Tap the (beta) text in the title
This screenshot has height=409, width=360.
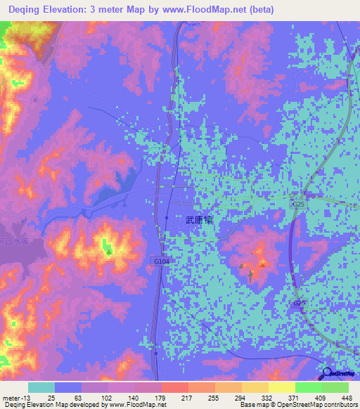(x=257, y=10)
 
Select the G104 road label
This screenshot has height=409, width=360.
(x=162, y=261)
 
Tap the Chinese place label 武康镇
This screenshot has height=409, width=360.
(x=199, y=220)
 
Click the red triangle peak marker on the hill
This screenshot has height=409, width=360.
(x=262, y=265)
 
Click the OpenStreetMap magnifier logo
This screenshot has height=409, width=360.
(x=328, y=375)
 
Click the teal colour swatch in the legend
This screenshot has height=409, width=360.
(x=41, y=387)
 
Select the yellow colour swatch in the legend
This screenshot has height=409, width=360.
(x=281, y=387)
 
